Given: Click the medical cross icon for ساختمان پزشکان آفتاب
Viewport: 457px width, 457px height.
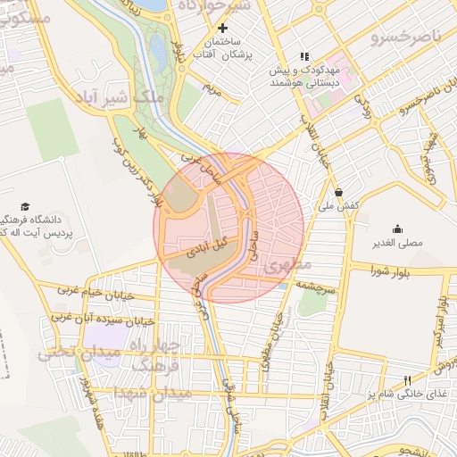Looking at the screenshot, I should pyautogui.click(x=222, y=29).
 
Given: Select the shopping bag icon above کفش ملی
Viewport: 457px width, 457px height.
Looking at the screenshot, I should pyautogui.click(x=338, y=192).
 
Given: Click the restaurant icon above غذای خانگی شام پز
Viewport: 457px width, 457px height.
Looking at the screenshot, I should pyautogui.click(x=408, y=380).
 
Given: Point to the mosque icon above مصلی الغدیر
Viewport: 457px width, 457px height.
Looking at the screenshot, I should pyautogui.click(x=396, y=229).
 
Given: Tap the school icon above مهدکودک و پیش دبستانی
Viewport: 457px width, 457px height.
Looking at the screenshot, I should pyautogui.click(x=303, y=56).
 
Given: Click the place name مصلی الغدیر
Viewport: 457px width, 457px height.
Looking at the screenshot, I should pyautogui.click(x=397, y=243).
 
